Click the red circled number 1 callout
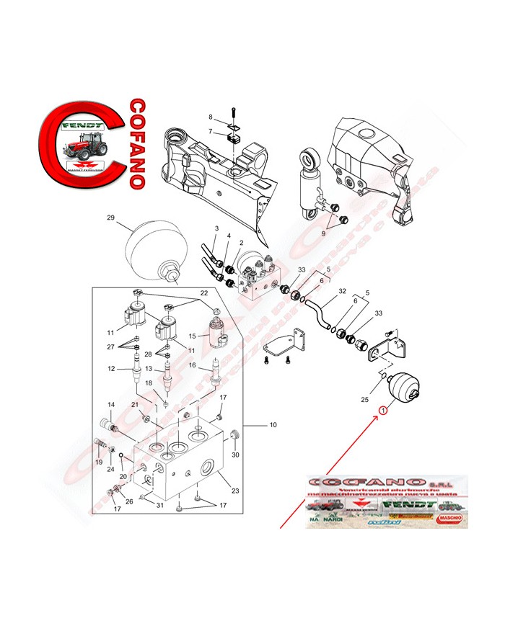click(x=383, y=411)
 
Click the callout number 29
click(x=111, y=218)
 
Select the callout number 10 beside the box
click(x=273, y=425)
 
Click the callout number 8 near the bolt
click(x=211, y=117)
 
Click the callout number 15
click(x=193, y=336)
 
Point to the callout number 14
click(x=112, y=405)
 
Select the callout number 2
click(x=240, y=243)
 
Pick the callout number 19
click(x=99, y=462)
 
